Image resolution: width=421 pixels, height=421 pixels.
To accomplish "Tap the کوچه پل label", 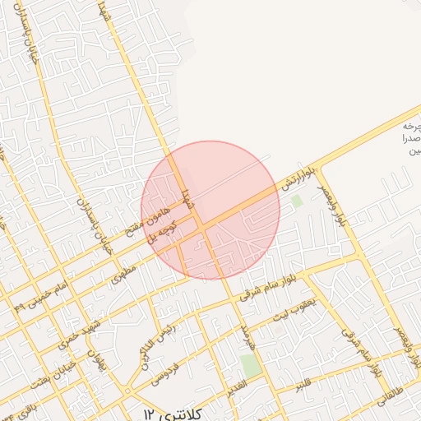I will [162, 233].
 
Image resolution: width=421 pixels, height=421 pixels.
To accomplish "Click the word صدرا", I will [409, 140].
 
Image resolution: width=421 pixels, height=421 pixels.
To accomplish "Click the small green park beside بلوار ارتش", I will [296, 200].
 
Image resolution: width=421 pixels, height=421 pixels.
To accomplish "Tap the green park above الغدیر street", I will [252, 365].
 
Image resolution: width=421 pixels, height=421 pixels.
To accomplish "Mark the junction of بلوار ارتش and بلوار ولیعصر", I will [317, 168].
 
